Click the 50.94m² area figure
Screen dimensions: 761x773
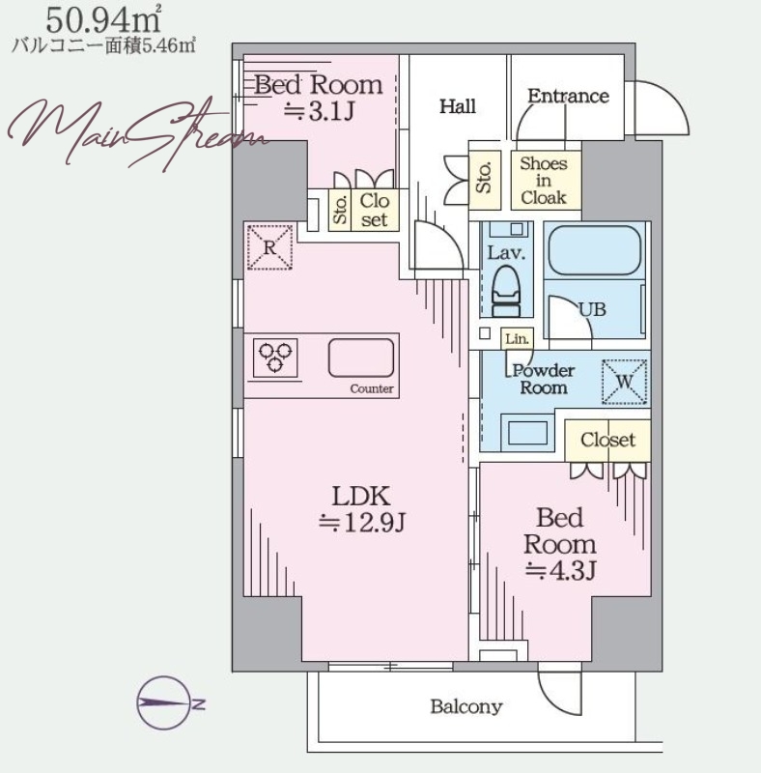pyautogui.click(x=103, y=20)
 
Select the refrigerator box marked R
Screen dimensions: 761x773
pyautogui.click(x=269, y=247)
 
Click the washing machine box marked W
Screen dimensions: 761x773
pyautogui.click(x=624, y=382)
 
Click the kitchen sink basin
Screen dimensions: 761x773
pyautogui.click(x=361, y=358)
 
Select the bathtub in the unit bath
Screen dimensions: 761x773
pyautogui.click(x=594, y=250)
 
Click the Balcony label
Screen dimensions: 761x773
pyautogui.click(x=466, y=707)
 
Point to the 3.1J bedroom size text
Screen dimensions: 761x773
pyautogui.click(x=319, y=111)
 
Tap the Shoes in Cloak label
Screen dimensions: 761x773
pyautogui.click(x=544, y=181)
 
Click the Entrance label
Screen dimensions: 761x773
pyautogui.click(x=568, y=96)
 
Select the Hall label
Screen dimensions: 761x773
pyautogui.click(x=458, y=106)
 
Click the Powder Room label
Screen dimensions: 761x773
pyautogui.click(x=543, y=379)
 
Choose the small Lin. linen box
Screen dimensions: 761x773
pyautogui.click(x=517, y=339)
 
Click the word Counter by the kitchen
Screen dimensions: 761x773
pyautogui.click(x=372, y=389)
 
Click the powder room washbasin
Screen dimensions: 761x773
pyautogui.click(x=527, y=432)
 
